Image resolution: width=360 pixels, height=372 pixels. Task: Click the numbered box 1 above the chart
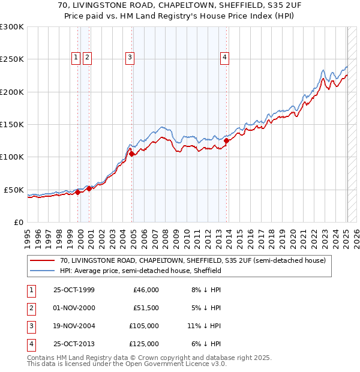point(76,58)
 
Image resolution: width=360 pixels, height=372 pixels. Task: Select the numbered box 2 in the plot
point(87,58)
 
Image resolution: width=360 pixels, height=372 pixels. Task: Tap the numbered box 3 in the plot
point(130,58)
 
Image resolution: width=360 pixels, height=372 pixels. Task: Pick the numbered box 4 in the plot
point(224,58)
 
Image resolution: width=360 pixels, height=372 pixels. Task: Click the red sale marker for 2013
point(226,142)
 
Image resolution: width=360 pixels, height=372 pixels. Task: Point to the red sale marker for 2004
point(131,154)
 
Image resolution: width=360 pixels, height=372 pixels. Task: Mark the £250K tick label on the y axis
point(12,59)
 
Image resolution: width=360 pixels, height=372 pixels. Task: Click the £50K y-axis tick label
point(14,190)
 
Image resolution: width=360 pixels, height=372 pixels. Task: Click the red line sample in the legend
point(43,261)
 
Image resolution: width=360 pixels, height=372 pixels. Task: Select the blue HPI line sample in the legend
point(43,271)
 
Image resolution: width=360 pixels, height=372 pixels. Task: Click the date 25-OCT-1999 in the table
point(74,290)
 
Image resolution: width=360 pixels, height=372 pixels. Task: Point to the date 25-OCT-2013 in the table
point(74,344)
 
